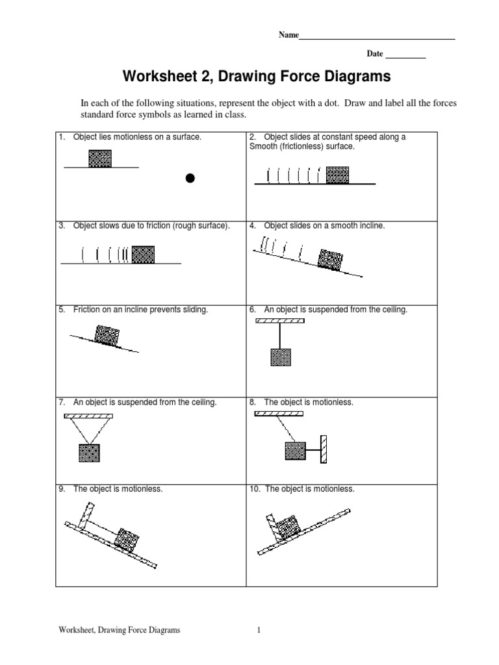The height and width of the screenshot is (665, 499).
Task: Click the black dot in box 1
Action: pos(190,177)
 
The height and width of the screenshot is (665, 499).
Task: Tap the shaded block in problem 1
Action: pos(99,158)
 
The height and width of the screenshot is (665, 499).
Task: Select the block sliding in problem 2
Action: pos(337,175)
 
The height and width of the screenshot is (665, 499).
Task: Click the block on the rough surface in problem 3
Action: pos(143,254)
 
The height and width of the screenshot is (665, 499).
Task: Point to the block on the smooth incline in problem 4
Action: pos(331,259)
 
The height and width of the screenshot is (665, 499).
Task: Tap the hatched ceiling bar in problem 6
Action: pos(280,320)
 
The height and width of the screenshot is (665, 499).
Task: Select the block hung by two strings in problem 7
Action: pos(90,453)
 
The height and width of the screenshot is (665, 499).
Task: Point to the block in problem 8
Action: pos(295,450)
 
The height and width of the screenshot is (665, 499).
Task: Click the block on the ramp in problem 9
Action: pos(127,538)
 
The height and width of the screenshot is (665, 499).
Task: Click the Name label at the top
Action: pos(288,35)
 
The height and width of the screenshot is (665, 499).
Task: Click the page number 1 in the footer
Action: pos(259,630)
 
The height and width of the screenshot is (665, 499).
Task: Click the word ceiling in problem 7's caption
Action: pos(199,403)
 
